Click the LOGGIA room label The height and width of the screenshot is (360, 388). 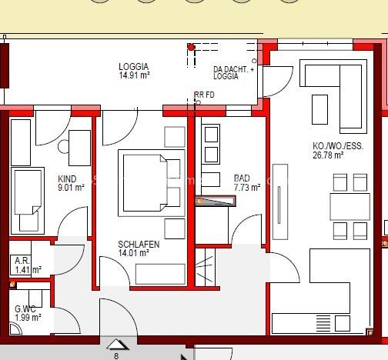tap(133, 67)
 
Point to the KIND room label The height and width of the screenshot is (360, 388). tap(68, 178)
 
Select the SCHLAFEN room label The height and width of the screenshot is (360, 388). tap(139, 245)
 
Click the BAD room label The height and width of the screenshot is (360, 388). tap(242, 178)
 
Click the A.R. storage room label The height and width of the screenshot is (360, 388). tap(22, 261)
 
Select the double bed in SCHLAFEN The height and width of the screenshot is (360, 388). tap(149, 182)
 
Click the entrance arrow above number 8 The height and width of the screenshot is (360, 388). tap(115, 345)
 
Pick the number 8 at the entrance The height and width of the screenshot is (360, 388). tap(116, 356)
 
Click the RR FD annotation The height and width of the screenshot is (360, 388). tap(204, 95)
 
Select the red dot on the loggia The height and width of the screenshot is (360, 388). tap(191, 47)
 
